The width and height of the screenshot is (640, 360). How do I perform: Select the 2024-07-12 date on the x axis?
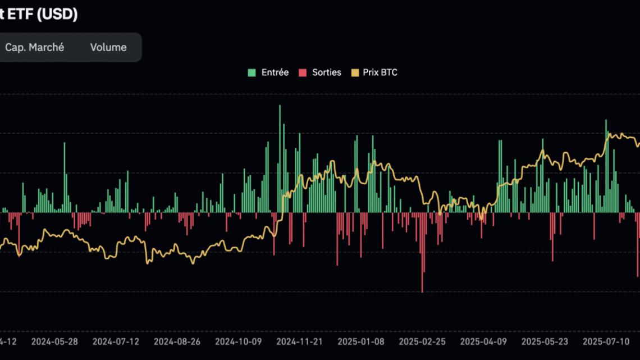[x=116, y=341]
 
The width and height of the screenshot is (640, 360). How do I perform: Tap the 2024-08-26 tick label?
[x=177, y=341]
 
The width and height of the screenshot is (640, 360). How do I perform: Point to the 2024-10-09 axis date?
[x=238, y=341]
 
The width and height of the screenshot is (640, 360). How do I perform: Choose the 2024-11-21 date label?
[x=299, y=341]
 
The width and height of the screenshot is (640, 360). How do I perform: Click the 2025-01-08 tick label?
[x=360, y=341]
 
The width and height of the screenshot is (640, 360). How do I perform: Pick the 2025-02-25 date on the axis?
[x=422, y=341]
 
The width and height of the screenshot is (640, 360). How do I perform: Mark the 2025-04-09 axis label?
[x=483, y=341]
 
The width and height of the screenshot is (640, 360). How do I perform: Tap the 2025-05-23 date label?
[x=544, y=341]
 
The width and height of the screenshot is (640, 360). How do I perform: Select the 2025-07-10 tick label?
[x=605, y=341]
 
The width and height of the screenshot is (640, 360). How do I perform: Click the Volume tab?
[x=108, y=48]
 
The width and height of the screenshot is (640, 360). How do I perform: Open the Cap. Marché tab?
[x=34, y=48]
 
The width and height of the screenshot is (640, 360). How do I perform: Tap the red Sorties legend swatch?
[x=303, y=72]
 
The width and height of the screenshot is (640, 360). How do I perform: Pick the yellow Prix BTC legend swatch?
[x=355, y=72]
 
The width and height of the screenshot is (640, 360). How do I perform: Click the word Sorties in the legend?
[x=327, y=72]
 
